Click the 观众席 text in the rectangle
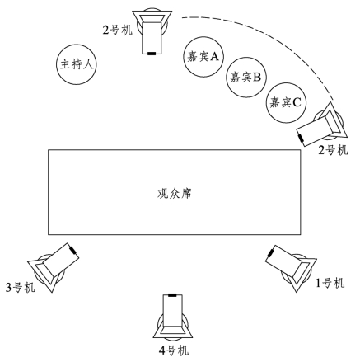point(175,194)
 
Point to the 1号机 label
point(330,283)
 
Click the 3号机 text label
point(21,288)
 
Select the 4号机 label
point(174,350)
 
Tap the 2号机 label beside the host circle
point(118,30)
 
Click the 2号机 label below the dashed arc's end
point(333,150)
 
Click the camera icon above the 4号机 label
point(173,315)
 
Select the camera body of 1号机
point(291,267)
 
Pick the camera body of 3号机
point(54,267)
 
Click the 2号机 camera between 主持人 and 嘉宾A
point(152,32)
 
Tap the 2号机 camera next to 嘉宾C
point(322,125)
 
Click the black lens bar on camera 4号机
point(172,295)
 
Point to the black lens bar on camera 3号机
point(72,250)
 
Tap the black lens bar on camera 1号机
point(271,252)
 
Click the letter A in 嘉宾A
point(214,56)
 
